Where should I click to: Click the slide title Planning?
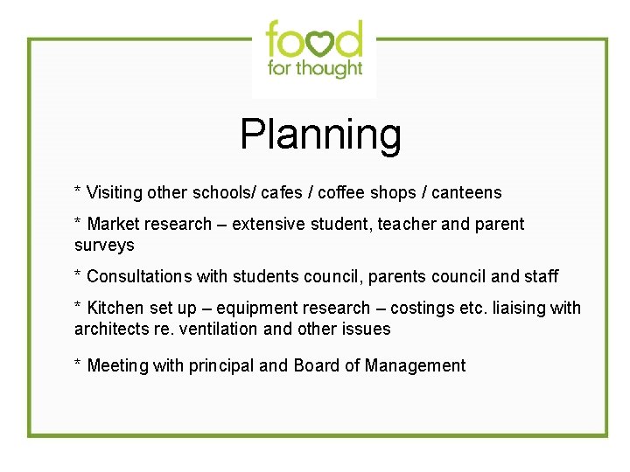coord(320,135)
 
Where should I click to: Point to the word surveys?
coord(104,245)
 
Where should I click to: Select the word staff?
coord(541,276)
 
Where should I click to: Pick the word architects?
coord(110,329)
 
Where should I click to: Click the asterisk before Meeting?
coord(78,363)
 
